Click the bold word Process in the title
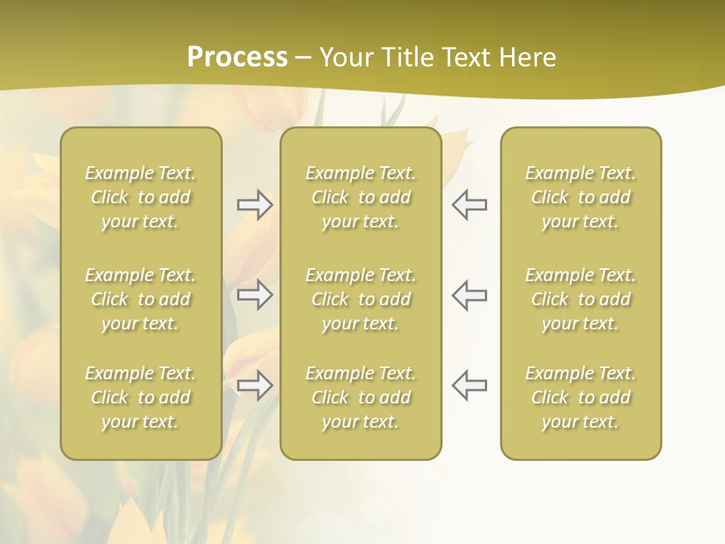click(x=237, y=57)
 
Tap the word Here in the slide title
click(x=525, y=57)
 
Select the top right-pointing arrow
click(x=255, y=205)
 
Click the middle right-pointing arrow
click(x=255, y=295)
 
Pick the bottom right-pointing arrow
click(x=255, y=385)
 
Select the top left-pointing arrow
click(x=470, y=205)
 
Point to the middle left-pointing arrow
click(x=470, y=295)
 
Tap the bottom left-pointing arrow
click(x=470, y=385)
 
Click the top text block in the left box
click(x=140, y=197)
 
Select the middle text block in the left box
click(x=140, y=299)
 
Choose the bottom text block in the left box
click(x=140, y=397)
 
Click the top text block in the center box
click(x=361, y=197)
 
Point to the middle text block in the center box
click(x=361, y=299)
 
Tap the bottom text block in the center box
click(x=361, y=397)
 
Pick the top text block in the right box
click(x=581, y=197)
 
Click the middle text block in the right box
click(x=581, y=299)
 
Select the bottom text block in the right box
click(x=581, y=397)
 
